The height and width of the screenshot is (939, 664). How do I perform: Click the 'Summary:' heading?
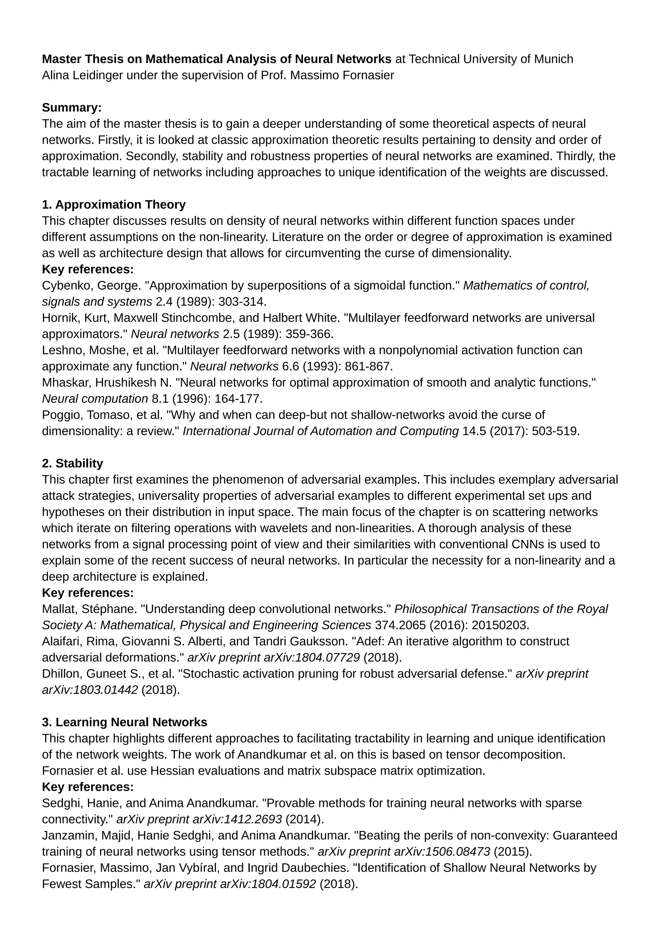(x=72, y=108)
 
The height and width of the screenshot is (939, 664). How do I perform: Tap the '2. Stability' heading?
(x=72, y=463)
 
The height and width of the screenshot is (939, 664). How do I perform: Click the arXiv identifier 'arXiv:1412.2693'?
(x=237, y=819)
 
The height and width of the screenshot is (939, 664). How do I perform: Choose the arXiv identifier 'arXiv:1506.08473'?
(x=442, y=851)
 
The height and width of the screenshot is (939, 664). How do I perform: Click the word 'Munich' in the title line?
(x=554, y=59)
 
